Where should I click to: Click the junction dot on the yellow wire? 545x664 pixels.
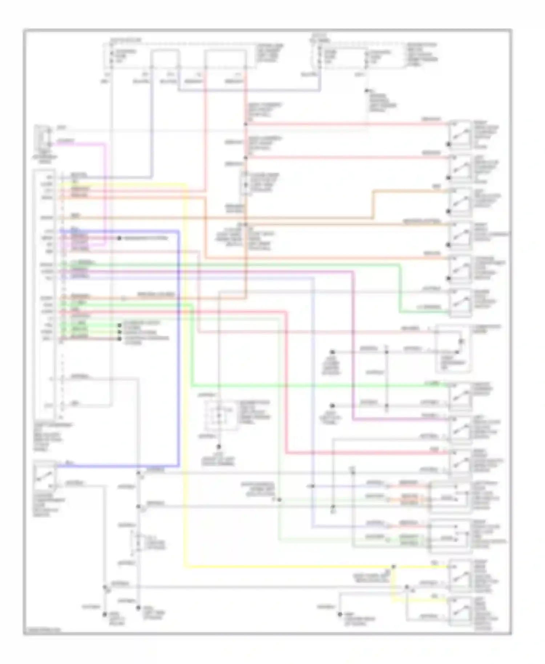[x=393, y=566]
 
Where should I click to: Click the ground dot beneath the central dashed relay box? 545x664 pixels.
[x=219, y=447]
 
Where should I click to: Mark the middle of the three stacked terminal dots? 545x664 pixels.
[x=120, y=332]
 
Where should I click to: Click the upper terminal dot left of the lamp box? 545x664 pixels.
[x=332, y=352]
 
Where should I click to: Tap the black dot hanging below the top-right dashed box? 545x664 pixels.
[x=368, y=90]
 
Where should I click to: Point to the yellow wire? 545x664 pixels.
[x=186, y=400]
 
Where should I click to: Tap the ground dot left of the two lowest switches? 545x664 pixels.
[x=340, y=614]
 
